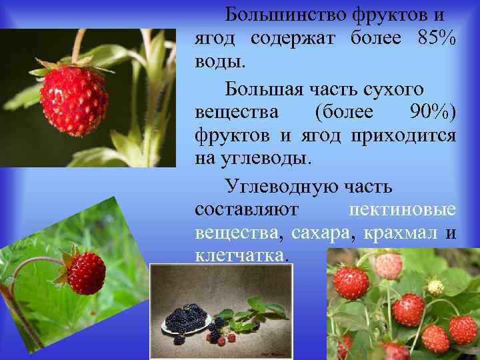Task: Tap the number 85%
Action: [x=435, y=39]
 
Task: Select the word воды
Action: [x=220, y=63]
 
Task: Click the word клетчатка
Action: [x=241, y=257]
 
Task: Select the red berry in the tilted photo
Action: [x=87, y=272]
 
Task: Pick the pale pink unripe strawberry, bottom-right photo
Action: [x=388, y=265]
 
